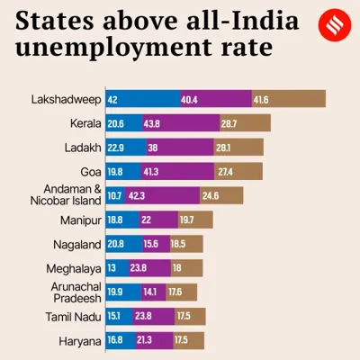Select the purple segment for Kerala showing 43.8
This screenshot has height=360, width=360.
click(x=180, y=123)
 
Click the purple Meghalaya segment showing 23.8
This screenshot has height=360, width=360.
click(x=150, y=268)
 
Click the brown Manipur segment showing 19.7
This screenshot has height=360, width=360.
click(x=194, y=220)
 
